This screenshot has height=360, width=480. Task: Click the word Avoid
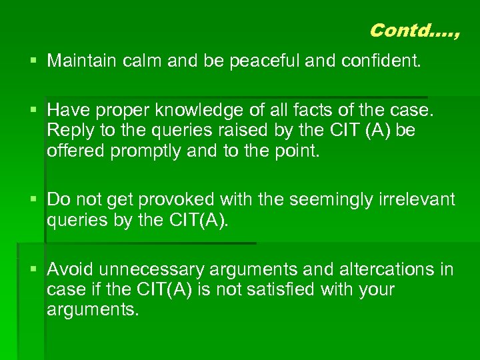(69, 269)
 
